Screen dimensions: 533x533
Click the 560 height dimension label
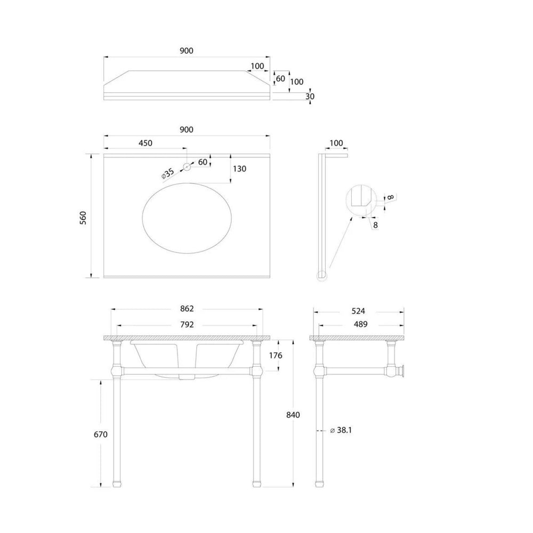click(x=83, y=217)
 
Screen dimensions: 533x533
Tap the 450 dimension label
click(x=146, y=143)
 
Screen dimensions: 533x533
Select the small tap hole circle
click(x=187, y=167)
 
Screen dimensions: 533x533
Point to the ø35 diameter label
click(x=167, y=173)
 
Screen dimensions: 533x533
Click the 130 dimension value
click(x=240, y=168)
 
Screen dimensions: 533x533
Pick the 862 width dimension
click(x=187, y=309)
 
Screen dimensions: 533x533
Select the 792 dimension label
click(x=187, y=325)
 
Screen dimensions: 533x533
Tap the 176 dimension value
click(x=276, y=355)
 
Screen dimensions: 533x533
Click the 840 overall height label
click(x=293, y=415)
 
